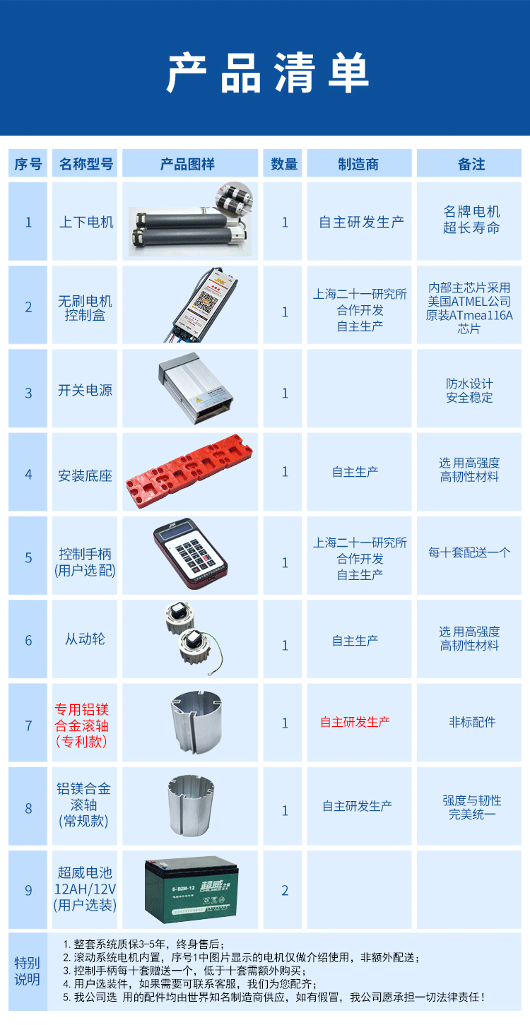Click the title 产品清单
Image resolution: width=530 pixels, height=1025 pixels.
pyautogui.click(x=268, y=72)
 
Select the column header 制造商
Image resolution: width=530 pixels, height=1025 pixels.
pyautogui.click(x=358, y=164)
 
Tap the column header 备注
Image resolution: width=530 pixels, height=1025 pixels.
pyautogui.click(x=471, y=164)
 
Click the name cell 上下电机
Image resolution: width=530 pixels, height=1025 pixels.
pyautogui.click(x=86, y=222)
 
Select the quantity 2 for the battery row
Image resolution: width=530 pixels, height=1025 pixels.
pyautogui.click(x=285, y=890)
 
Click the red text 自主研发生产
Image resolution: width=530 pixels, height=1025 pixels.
pyautogui.click(x=355, y=722)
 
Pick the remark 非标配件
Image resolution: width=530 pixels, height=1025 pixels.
pyautogui.click(x=472, y=722)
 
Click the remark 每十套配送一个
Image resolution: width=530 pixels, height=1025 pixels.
pyautogui.click(x=469, y=552)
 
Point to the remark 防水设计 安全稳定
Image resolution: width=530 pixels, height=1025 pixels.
pyautogui.click(x=469, y=391)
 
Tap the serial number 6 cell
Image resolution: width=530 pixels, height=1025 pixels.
pyautogui.click(x=28, y=640)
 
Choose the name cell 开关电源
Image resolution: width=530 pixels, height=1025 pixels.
pyautogui.click(x=86, y=391)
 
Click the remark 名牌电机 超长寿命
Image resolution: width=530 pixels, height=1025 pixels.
pyautogui.click(x=471, y=219)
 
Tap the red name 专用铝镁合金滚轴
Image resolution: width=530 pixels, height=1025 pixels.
pyautogui.click(x=82, y=725)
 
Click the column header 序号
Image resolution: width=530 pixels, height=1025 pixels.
pyautogui.click(x=28, y=164)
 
